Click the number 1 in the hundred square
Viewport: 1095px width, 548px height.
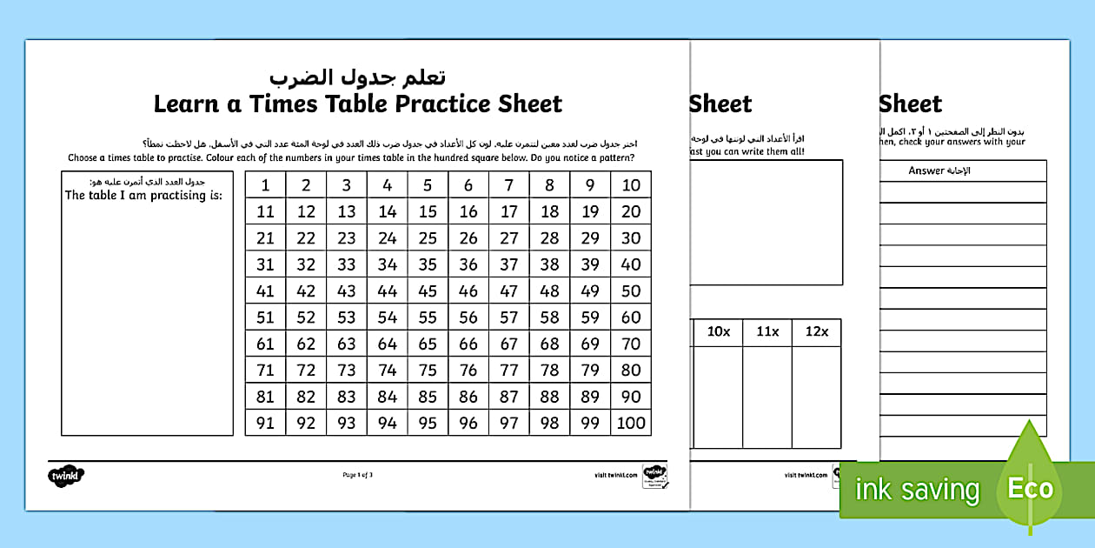(265, 184)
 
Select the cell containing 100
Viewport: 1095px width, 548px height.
(631, 423)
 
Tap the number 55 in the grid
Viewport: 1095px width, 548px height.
(428, 317)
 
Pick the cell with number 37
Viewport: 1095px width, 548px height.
(509, 264)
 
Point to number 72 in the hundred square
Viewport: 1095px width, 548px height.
(306, 371)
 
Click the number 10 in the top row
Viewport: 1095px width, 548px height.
(631, 184)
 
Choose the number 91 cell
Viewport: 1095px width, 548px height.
(265, 423)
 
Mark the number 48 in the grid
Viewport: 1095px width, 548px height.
(549, 291)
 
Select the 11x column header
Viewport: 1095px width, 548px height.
(767, 331)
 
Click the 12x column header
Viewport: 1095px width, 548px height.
(816, 331)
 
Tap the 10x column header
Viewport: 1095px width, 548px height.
(719, 331)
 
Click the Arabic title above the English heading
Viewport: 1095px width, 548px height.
(357, 77)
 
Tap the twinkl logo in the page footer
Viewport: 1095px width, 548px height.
(66, 475)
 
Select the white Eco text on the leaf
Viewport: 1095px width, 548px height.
(1030, 489)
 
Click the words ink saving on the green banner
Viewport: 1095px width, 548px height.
(917, 490)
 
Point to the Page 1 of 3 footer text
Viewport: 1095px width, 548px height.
(358, 475)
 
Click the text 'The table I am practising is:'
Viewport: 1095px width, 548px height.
(143, 195)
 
